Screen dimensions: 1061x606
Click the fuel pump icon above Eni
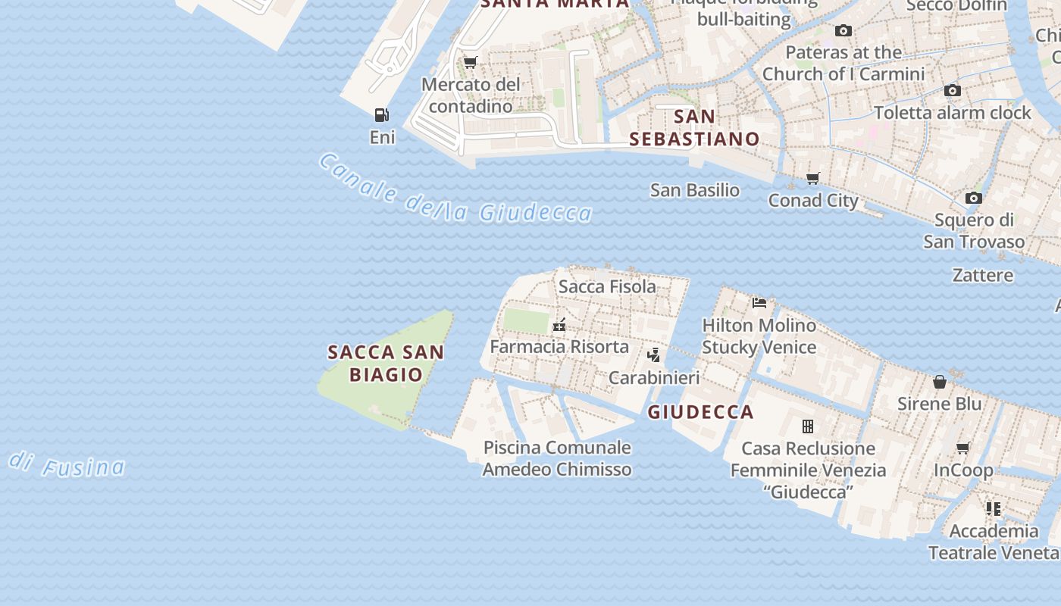(x=381, y=115)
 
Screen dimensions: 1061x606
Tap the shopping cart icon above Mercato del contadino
(x=470, y=62)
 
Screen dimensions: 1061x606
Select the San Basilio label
(x=695, y=190)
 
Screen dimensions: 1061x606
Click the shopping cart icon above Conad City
(x=813, y=179)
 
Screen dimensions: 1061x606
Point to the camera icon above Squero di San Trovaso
(x=974, y=198)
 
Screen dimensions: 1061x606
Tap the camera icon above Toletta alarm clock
(x=953, y=91)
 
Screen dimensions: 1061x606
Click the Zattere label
(x=983, y=275)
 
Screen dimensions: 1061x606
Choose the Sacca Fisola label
(x=607, y=286)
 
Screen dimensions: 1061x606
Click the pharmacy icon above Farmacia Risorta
(x=559, y=326)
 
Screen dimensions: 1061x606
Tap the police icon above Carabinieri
(x=653, y=355)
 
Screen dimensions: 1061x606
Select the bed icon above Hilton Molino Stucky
(x=759, y=303)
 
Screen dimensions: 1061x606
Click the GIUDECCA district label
(x=700, y=412)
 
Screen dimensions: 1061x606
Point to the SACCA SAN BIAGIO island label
(x=386, y=363)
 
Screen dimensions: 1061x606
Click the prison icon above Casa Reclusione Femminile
(x=808, y=426)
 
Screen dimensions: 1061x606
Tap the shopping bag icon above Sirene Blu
(x=940, y=382)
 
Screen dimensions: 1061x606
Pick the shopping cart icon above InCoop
(x=963, y=448)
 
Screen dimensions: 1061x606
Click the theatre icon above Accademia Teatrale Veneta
(x=994, y=509)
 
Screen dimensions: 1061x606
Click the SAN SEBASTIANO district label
(x=694, y=128)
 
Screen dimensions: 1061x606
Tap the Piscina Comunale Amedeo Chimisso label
(x=557, y=458)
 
